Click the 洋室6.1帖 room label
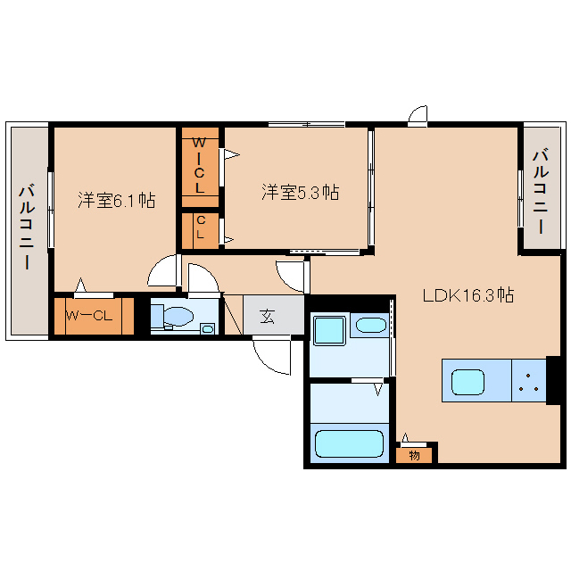pos(117,200)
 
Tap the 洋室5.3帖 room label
pos(301,192)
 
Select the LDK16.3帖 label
pos(468,295)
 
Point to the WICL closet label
pos(199,165)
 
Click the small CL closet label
pos(201,227)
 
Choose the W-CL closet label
pos(89,315)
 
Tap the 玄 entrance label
pos(268,316)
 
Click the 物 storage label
pos(414,455)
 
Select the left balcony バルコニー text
pos(28,228)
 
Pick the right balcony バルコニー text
pos(542,191)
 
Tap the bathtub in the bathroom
pos(349,443)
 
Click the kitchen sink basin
pos(468,382)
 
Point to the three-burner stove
pos(529,381)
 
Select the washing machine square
pos(329,331)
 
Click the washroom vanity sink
pos(371,325)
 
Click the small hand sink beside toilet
pos(208,329)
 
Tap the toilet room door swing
pos(203,278)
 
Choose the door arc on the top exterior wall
pos(418,114)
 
